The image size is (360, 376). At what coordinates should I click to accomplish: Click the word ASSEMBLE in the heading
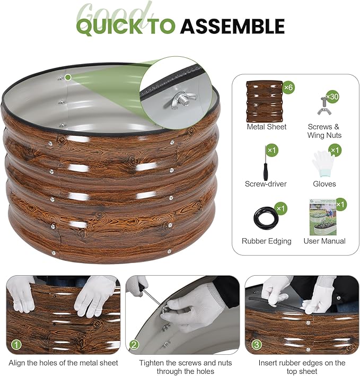233,26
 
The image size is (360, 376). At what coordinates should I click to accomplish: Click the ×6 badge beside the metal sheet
288,88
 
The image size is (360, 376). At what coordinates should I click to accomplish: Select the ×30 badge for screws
332,97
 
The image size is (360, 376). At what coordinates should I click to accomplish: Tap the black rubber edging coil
266,218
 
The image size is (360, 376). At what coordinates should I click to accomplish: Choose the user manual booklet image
323,217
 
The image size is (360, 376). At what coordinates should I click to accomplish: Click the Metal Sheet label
267,127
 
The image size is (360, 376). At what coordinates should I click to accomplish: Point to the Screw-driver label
266,184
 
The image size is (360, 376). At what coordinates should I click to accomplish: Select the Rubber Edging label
267,241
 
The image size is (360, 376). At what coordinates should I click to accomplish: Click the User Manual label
324,241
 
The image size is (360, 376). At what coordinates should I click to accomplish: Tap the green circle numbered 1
16,345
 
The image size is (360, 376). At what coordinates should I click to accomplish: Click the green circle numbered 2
134,345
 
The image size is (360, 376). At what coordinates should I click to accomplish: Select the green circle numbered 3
257,345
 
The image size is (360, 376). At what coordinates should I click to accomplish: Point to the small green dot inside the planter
68,77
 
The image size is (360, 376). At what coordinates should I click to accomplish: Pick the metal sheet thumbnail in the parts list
265,101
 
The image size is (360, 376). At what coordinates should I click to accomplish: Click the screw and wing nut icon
323,106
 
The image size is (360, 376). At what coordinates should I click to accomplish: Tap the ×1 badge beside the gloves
335,151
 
